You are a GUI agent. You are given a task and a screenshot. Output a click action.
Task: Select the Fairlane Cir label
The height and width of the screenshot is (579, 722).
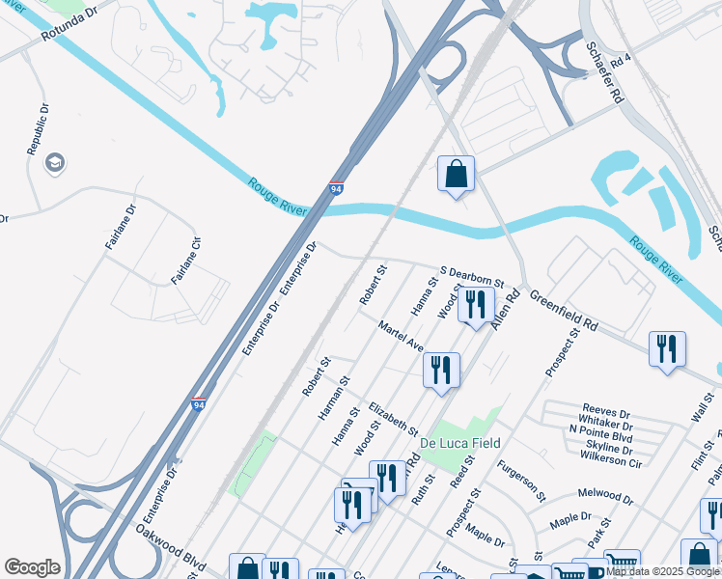tap(186, 262)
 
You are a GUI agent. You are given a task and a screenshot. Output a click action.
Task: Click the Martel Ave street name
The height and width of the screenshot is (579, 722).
tap(401, 337)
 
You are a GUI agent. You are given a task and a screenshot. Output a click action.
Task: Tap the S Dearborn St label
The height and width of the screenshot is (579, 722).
tap(472, 276)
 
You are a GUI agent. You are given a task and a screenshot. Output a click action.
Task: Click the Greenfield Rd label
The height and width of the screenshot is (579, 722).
tap(563, 315)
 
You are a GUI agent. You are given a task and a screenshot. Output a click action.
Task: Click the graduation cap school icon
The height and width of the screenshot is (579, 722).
tap(55, 163)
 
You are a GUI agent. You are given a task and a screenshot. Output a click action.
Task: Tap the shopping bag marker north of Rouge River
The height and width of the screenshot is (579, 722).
tap(456, 175)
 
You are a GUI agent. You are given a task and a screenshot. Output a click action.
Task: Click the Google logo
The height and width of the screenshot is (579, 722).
tap(32, 567)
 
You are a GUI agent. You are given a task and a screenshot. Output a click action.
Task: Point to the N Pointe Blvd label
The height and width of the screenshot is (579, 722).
tap(600, 437)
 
